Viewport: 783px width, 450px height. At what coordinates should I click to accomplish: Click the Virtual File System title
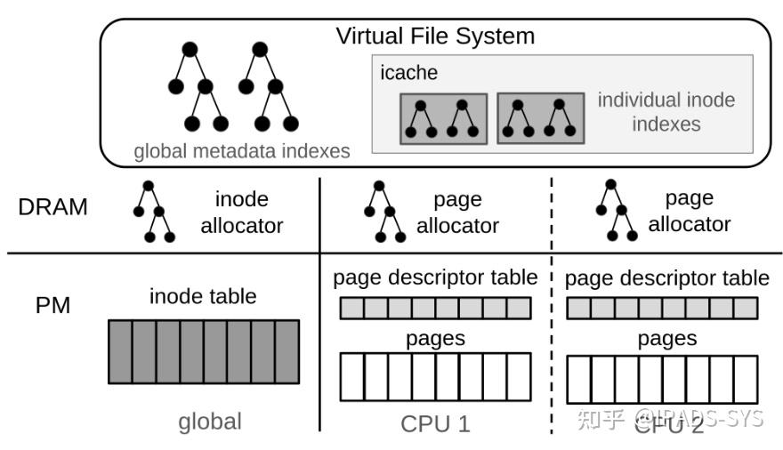click(434, 36)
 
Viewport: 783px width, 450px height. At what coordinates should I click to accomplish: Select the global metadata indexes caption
click(241, 151)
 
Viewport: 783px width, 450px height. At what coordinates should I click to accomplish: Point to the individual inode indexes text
click(666, 111)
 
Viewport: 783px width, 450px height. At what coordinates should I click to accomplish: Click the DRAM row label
click(52, 207)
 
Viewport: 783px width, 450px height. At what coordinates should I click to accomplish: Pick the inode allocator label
click(241, 213)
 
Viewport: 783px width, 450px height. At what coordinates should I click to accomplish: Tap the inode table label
click(203, 295)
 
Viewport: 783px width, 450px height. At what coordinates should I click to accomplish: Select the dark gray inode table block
click(203, 351)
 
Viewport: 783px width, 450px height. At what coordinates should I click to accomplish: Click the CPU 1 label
click(435, 423)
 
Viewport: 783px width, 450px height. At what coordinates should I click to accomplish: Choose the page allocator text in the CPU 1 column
click(457, 213)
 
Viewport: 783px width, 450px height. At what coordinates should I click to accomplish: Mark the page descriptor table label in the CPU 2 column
click(667, 277)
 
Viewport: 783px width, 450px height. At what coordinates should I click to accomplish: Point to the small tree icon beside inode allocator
click(153, 213)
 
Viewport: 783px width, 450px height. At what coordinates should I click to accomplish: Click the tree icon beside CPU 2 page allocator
click(615, 211)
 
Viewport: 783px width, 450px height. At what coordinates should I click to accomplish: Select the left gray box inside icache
click(443, 118)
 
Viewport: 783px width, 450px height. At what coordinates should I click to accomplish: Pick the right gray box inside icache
click(540, 118)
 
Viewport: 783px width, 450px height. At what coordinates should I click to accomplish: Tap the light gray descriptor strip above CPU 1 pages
click(435, 308)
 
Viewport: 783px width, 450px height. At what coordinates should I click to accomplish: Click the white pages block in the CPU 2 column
click(662, 378)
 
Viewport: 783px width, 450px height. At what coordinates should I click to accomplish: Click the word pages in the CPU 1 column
click(435, 339)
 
